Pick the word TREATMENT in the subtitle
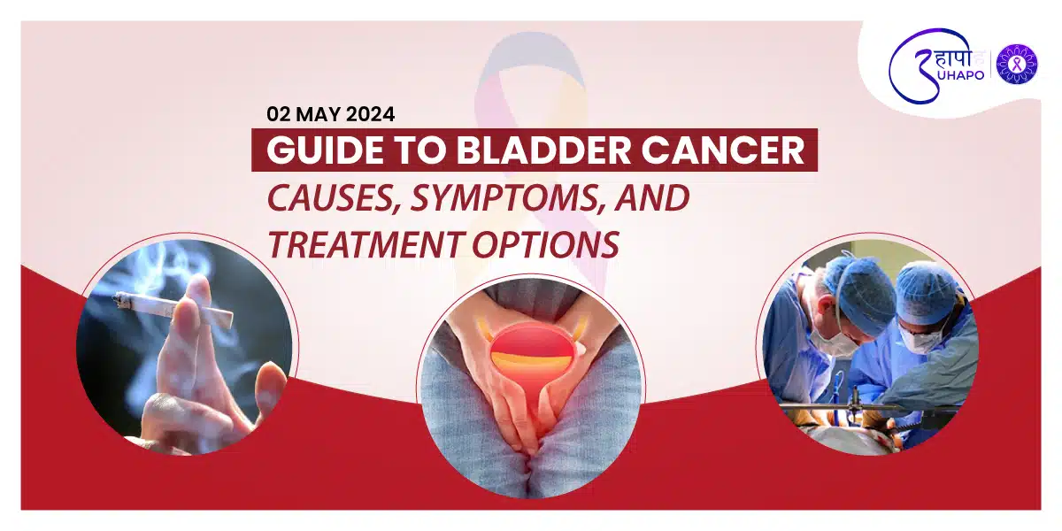(x=364, y=244)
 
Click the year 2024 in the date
(x=370, y=114)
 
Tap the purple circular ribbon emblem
(x=1017, y=64)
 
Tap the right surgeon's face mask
(x=920, y=338)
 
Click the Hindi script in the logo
(x=952, y=58)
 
